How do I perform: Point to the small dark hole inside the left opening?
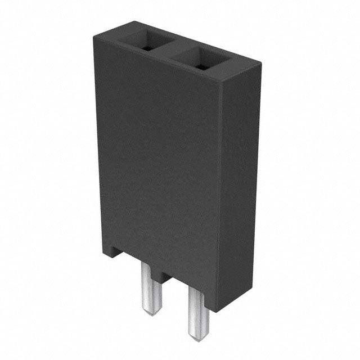[x=147, y=48]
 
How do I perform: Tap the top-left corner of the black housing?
[x=94, y=35]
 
